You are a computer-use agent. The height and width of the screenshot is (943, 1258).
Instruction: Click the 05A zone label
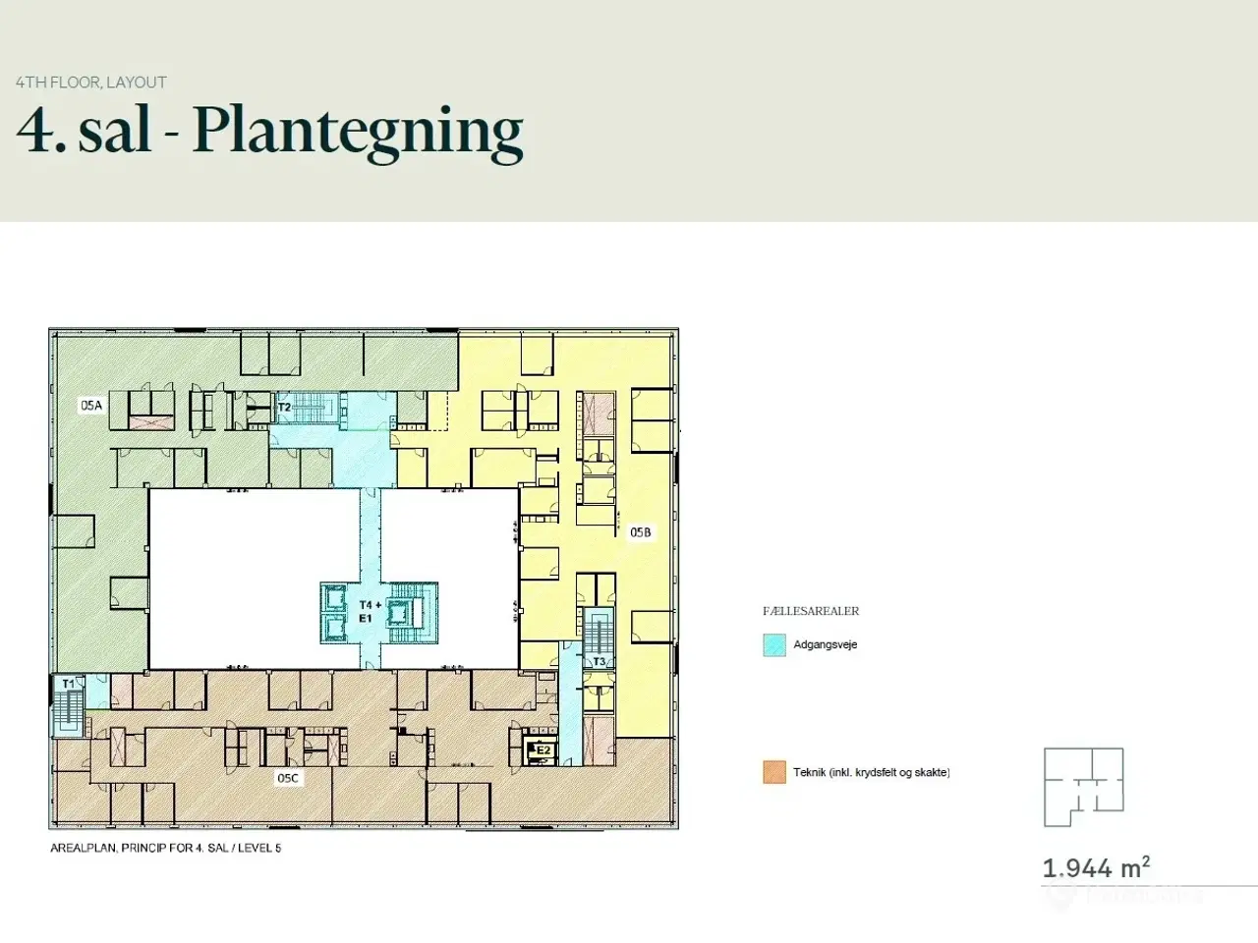pos(91,406)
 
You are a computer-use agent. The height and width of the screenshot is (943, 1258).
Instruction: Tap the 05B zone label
pos(640,532)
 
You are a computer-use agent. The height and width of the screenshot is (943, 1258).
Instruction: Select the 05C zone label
pos(288,778)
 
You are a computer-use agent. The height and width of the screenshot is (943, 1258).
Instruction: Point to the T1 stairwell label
pos(68,684)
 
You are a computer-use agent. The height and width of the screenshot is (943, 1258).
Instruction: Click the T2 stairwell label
pos(284,407)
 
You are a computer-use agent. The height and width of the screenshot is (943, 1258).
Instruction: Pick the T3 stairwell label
pos(599,661)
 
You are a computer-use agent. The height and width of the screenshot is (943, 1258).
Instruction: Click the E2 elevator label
pos(543,750)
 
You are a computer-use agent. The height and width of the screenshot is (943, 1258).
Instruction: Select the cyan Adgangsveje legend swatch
pos(774,644)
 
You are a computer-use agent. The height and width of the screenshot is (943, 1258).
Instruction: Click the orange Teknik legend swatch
pos(774,772)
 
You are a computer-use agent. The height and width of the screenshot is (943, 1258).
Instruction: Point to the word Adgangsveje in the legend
pos(826,644)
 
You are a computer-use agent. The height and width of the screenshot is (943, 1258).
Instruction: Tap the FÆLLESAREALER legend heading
pos(811,611)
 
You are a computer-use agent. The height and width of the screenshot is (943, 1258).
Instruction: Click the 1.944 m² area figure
pos(1096,867)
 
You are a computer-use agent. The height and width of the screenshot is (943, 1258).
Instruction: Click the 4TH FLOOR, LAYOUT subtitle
pos(91,83)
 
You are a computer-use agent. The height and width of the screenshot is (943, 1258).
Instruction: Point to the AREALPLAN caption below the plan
pos(166,848)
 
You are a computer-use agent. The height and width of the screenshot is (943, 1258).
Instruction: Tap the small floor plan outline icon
pos(1083,787)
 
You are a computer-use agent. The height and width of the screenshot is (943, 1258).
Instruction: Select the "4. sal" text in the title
pos(84,130)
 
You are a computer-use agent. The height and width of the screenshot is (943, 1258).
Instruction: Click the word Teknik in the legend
pos(809,772)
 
